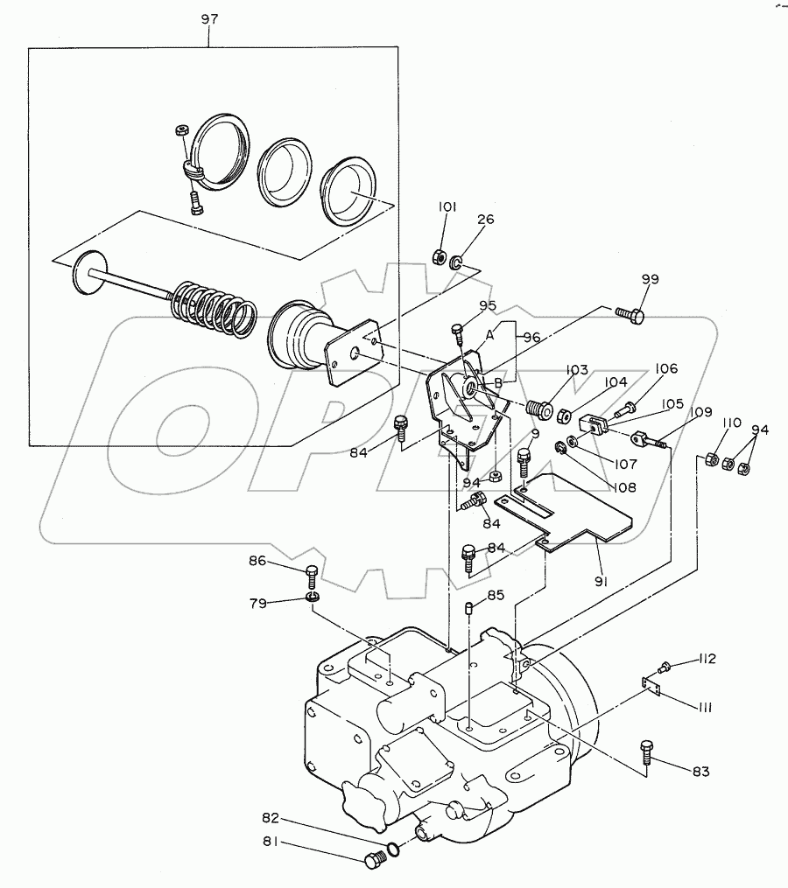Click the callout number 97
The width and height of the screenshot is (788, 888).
click(x=209, y=18)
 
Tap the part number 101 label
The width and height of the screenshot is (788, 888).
click(x=447, y=206)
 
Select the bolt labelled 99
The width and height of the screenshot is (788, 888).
click(x=630, y=314)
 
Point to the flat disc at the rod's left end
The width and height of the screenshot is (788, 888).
click(x=91, y=272)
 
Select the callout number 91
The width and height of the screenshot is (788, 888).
click(x=601, y=581)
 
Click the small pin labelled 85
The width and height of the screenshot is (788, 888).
click(x=468, y=609)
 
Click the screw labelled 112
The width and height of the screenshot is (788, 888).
click(x=664, y=668)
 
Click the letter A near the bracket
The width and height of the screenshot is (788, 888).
click(x=489, y=335)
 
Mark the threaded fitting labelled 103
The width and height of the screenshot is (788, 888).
click(x=539, y=409)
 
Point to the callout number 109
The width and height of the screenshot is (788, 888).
click(x=701, y=412)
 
